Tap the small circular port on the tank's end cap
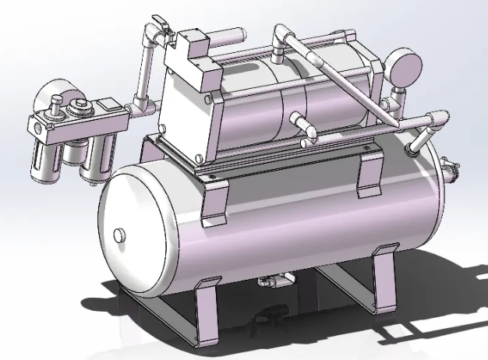click(x=119, y=235)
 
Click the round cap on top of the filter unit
click(x=78, y=110)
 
